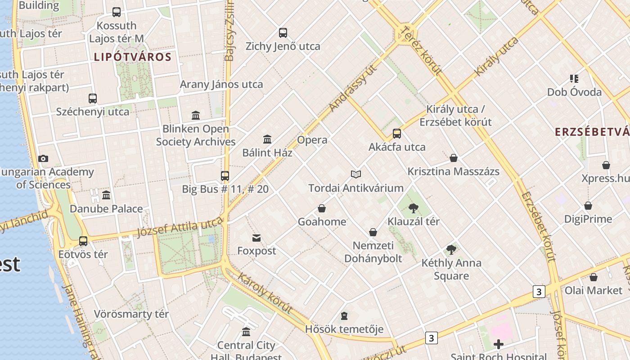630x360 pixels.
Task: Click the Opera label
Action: pos(312,140)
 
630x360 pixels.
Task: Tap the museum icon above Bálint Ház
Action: pos(267,139)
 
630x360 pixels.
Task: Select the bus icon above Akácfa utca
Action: pos(396,134)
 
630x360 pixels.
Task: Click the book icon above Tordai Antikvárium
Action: pos(356,174)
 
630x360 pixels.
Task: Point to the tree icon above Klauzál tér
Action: pos(413,208)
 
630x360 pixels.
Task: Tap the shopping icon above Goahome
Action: pos(322,208)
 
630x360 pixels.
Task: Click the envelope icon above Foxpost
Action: pos(256,238)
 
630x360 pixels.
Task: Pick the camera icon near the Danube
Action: pos(43,158)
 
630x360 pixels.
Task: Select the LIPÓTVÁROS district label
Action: pos(133,57)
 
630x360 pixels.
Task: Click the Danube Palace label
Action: pos(106,209)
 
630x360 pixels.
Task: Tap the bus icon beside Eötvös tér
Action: pos(83,241)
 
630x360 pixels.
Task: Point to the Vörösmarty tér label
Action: pos(131,314)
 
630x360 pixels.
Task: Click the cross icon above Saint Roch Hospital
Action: pos(498,345)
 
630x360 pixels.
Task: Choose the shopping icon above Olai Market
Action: pos(594,277)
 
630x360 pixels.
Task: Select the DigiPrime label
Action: pos(588,219)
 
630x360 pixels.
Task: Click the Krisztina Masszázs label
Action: pos(454,171)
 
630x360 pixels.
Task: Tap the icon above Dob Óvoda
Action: pos(574,79)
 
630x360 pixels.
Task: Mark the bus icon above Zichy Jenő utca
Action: pos(283,33)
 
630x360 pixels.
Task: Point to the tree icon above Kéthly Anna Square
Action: pos(451,250)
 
